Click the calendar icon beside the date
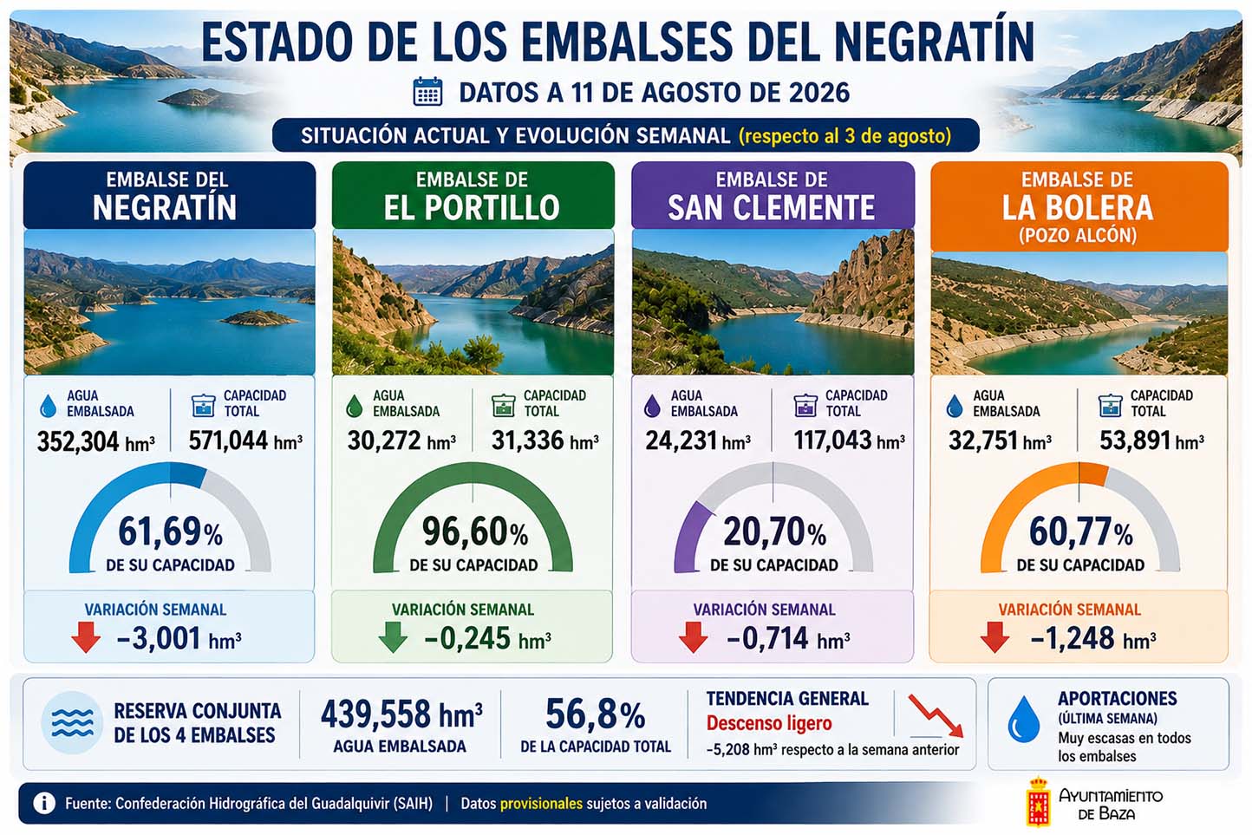(427, 92)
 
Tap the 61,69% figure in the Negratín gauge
(171, 532)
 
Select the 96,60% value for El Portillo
(474, 532)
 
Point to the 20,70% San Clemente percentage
(774, 532)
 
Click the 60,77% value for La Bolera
(1081, 532)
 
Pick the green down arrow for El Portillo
(393, 637)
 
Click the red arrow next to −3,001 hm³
(86, 637)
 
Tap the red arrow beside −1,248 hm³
(994, 637)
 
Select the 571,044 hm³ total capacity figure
(245, 440)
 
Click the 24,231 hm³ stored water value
(698, 440)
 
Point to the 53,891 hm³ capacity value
(1151, 440)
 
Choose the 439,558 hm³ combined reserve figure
(401, 714)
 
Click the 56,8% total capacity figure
(596, 714)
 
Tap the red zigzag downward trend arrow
(936, 716)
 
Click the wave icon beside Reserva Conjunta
(73, 722)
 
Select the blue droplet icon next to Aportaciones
(1023, 720)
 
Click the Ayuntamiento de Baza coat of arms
(1038, 801)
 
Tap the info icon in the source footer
(44, 803)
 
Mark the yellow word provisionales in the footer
(541, 804)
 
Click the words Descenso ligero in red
(769, 723)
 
